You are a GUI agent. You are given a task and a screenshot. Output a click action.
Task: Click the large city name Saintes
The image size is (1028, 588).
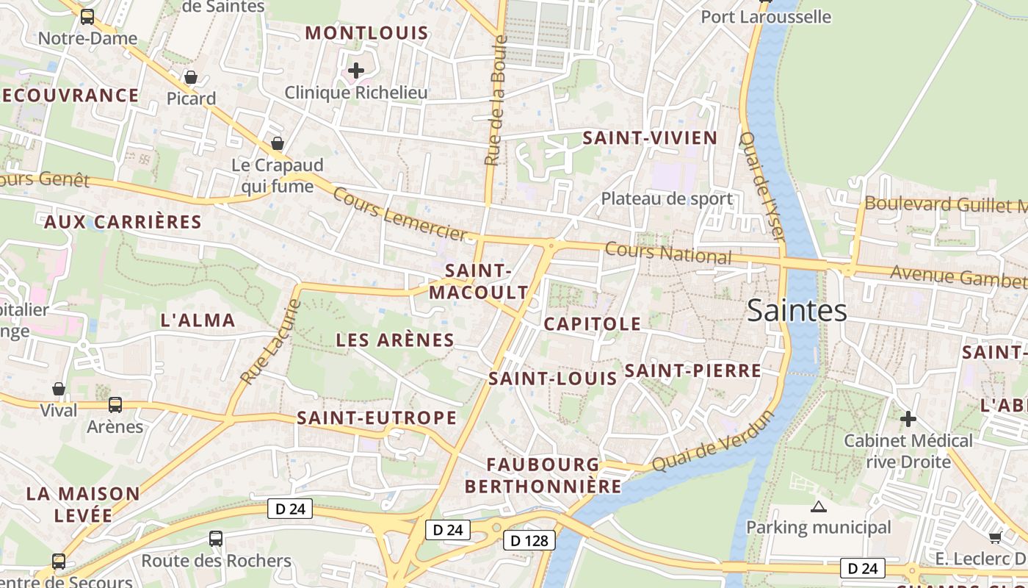click(797, 311)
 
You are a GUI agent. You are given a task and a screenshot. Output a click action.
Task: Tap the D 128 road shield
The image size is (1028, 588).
click(529, 541)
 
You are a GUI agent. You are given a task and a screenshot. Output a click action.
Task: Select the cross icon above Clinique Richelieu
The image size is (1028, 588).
click(356, 71)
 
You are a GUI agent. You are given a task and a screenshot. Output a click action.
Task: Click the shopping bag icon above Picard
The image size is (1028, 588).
click(191, 77)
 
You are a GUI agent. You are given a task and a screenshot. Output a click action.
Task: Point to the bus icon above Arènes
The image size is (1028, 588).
click(115, 404)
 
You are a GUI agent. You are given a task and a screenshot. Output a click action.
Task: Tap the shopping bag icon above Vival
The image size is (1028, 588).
click(59, 389)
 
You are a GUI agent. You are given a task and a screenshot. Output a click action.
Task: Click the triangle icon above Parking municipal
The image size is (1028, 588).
click(818, 506)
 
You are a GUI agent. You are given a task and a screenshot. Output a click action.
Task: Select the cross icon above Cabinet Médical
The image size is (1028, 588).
click(908, 419)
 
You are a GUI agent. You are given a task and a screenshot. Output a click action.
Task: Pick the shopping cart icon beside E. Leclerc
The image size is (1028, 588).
click(995, 537)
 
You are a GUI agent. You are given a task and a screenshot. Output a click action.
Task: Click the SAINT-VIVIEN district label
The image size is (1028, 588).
click(649, 138)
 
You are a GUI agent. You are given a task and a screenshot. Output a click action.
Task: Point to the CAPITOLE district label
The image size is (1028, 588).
click(592, 323)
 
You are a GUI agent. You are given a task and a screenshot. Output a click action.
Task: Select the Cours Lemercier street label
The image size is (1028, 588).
click(399, 214)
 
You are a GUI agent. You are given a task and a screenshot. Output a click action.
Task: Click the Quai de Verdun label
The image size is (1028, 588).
click(713, 441)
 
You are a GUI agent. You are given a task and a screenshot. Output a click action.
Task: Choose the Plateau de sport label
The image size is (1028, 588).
click(666, 198)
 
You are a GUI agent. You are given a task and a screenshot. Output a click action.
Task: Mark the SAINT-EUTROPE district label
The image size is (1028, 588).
click(377, 418)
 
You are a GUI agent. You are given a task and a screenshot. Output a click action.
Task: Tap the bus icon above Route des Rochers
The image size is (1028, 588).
click(216, 539)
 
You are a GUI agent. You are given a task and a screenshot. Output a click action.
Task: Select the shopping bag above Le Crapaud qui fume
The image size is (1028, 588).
click(278, 143)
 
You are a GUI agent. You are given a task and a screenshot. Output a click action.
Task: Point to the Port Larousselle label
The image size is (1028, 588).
click(766, 16)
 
